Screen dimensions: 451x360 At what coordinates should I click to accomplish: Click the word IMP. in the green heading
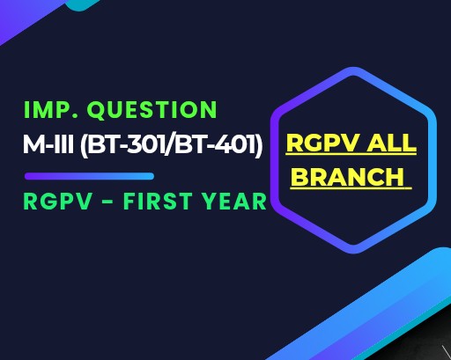tap(50, 110)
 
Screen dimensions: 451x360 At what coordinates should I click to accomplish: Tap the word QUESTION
tap(152, 110)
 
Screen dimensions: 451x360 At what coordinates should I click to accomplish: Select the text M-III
tap(48, 144)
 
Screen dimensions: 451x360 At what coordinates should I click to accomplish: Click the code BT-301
tap(126, 144)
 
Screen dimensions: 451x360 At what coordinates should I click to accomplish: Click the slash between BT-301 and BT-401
tap(169, 144)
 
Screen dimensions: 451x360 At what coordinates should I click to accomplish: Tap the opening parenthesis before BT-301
tap(84, 144)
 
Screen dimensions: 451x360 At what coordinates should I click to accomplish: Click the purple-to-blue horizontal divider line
tap(89, 176)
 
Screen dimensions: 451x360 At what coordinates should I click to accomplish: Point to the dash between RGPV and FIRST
tap(108, 202)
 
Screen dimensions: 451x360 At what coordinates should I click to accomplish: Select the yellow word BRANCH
tap(349, 177)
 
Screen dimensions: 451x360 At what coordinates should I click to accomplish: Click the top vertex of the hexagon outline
tap(353, 71)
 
